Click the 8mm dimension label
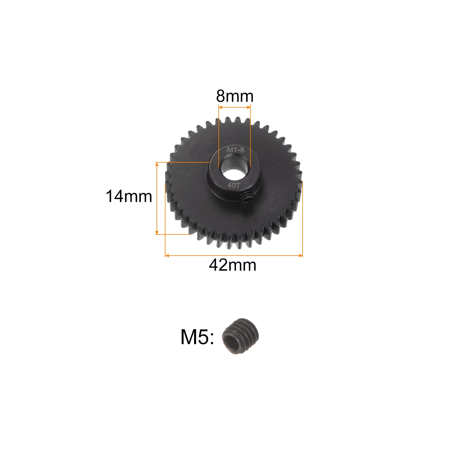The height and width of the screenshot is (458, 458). click(235, 96)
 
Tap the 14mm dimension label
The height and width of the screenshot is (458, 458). click(129, 197)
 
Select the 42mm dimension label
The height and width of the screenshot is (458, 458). click(232, 265)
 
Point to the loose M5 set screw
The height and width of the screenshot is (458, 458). click(241, 336)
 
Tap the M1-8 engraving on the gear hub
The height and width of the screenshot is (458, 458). click(235, 150)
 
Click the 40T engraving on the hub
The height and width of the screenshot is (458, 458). click(234, 185)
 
